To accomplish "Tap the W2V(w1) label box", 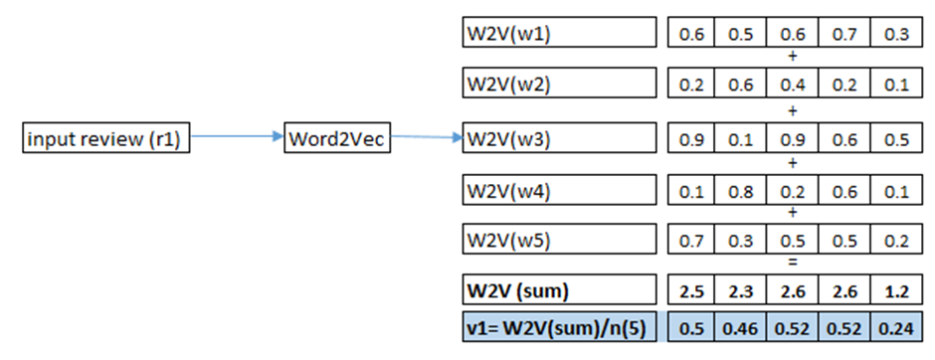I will pyautogui.click(x=559, y=33).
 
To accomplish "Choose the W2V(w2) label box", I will pyautogui.click(x=559, y=85).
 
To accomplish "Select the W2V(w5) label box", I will pyautogui.click(x=559, y=241).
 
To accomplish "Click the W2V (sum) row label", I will pyautogui.click(x=559, y=293).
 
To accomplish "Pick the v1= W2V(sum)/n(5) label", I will pyautogui.click(x=559, y=327).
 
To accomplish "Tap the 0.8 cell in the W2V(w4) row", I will pyautogui.click(x=740, y=190).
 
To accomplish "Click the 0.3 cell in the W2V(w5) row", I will pyautogui.click(x=740, y=242).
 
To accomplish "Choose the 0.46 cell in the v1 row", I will pyautogui.click(x=740, y=328).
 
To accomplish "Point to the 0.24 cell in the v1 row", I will pyautogui.click(x=890, y=328).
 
